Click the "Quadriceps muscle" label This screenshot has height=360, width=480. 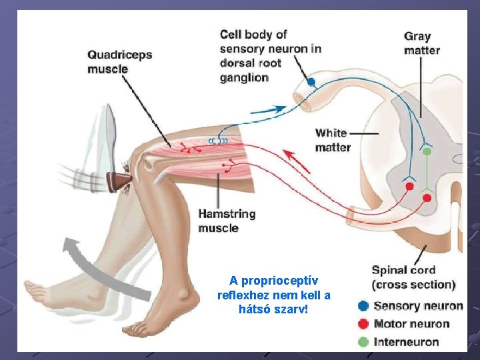(x=119, y=62)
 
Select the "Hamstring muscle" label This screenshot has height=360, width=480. (x=227, y=221)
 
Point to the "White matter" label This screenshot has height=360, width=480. (x=333, y=140)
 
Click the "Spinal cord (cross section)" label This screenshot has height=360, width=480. (x=413, y=277)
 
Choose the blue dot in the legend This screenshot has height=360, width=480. (x=363, y=306)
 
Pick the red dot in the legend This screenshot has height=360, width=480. (x=363, y=324)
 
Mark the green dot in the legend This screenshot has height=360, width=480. (x=363, y=342)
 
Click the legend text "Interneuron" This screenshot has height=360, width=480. (x=407, y=342)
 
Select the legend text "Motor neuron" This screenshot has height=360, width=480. (x=411, y=324)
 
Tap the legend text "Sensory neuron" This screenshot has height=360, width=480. (x=418, y=306)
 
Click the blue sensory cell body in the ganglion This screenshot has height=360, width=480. (x=311, y=82)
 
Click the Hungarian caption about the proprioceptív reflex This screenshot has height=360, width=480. (x=274, y=295)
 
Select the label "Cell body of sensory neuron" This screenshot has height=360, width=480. (x=270, y=55)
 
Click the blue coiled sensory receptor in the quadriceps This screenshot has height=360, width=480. (x=218, y=141)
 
